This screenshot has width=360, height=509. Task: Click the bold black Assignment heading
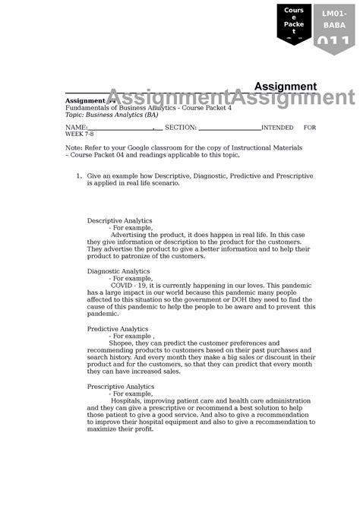tap(285, 86)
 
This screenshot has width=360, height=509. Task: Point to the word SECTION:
tap(181, 128)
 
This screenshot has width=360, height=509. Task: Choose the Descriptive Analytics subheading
tap(119, 220)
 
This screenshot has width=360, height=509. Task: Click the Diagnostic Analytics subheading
tap(118, 271)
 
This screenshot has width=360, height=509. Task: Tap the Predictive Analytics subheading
tap(117, 329)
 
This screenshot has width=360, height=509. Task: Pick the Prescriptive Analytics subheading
tap(120, 387)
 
